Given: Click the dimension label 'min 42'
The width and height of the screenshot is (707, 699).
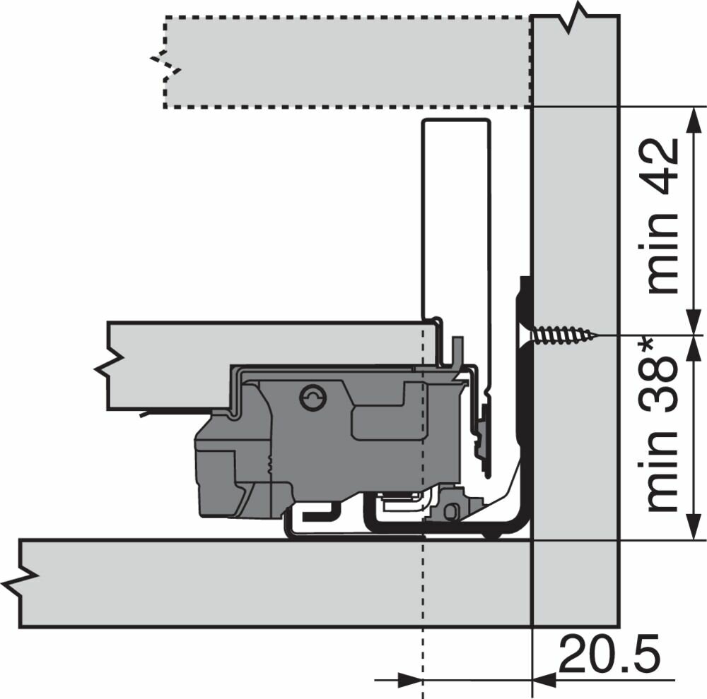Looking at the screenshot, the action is click(662, 215).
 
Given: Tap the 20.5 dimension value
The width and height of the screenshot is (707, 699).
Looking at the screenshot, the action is click(609, 654).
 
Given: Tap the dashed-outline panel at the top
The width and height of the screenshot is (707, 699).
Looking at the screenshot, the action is click(347, 62).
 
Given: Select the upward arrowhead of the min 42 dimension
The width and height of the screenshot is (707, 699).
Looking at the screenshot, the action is click(694, 120).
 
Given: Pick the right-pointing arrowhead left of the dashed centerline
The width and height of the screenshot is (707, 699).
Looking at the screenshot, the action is click(409, 680).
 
